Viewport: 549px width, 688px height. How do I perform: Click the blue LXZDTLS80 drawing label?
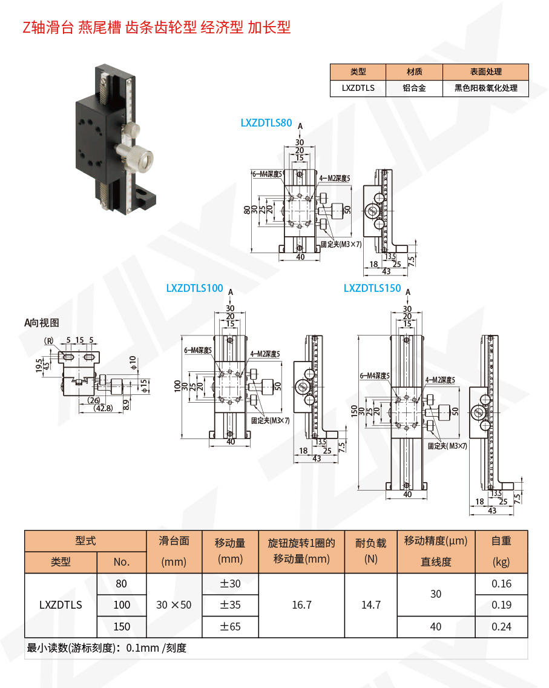[x=266, y=123]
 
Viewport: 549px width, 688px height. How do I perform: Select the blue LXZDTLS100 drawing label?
[x=194, y=288]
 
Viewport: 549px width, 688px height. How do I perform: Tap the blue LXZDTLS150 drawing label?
[x=372, y=288]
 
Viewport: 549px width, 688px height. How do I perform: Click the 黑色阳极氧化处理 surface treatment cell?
[x=486, y=88]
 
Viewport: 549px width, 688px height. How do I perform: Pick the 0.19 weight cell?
[x=501, y=604]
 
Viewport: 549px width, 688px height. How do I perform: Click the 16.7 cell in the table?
[x=301, y=604]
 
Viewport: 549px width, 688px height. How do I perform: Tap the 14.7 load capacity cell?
[x=370, y=604]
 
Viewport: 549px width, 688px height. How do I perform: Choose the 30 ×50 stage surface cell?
[x=173, y=604]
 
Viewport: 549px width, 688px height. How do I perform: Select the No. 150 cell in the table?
[x=122, y=626]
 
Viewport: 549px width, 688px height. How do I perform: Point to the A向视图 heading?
[x=42, y=323]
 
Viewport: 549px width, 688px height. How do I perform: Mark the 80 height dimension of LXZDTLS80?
[x=247, y=210]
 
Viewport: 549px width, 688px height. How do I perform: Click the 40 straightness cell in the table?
[x=436, y=626]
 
